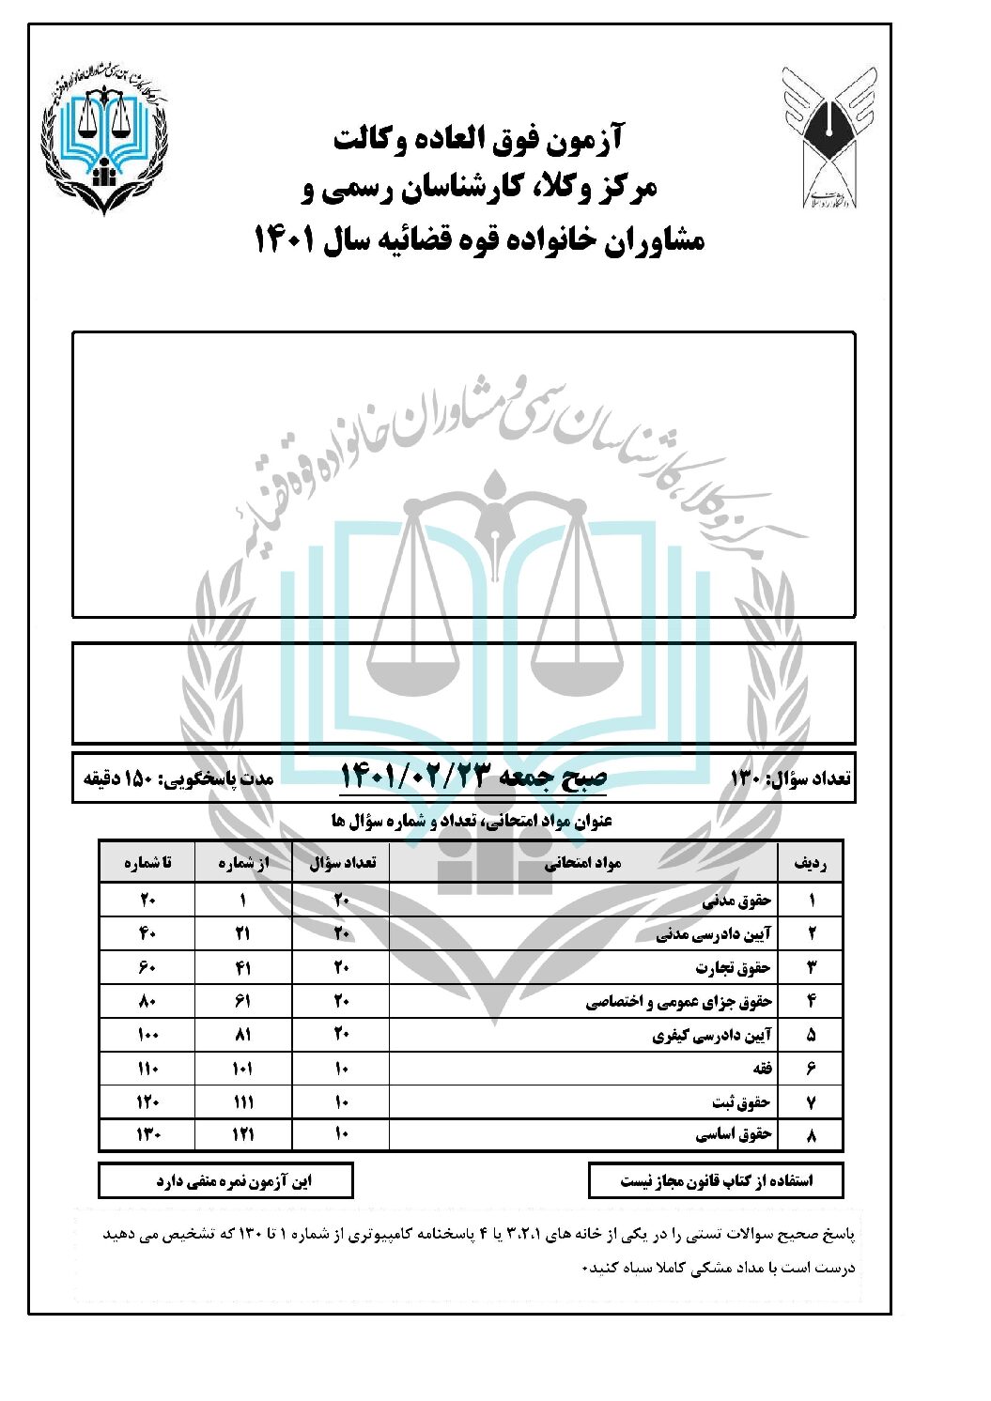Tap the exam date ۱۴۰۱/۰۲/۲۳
473,777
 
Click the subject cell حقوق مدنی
736,901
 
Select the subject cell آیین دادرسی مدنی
713,934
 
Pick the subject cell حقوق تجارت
733,968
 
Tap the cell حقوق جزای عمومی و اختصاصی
678,1002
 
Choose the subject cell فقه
761,1069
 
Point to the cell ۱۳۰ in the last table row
147,1135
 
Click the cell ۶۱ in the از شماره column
242,1002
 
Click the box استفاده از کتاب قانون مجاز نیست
716,1180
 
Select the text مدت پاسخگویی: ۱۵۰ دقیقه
178,778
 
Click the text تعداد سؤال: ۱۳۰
790,778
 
